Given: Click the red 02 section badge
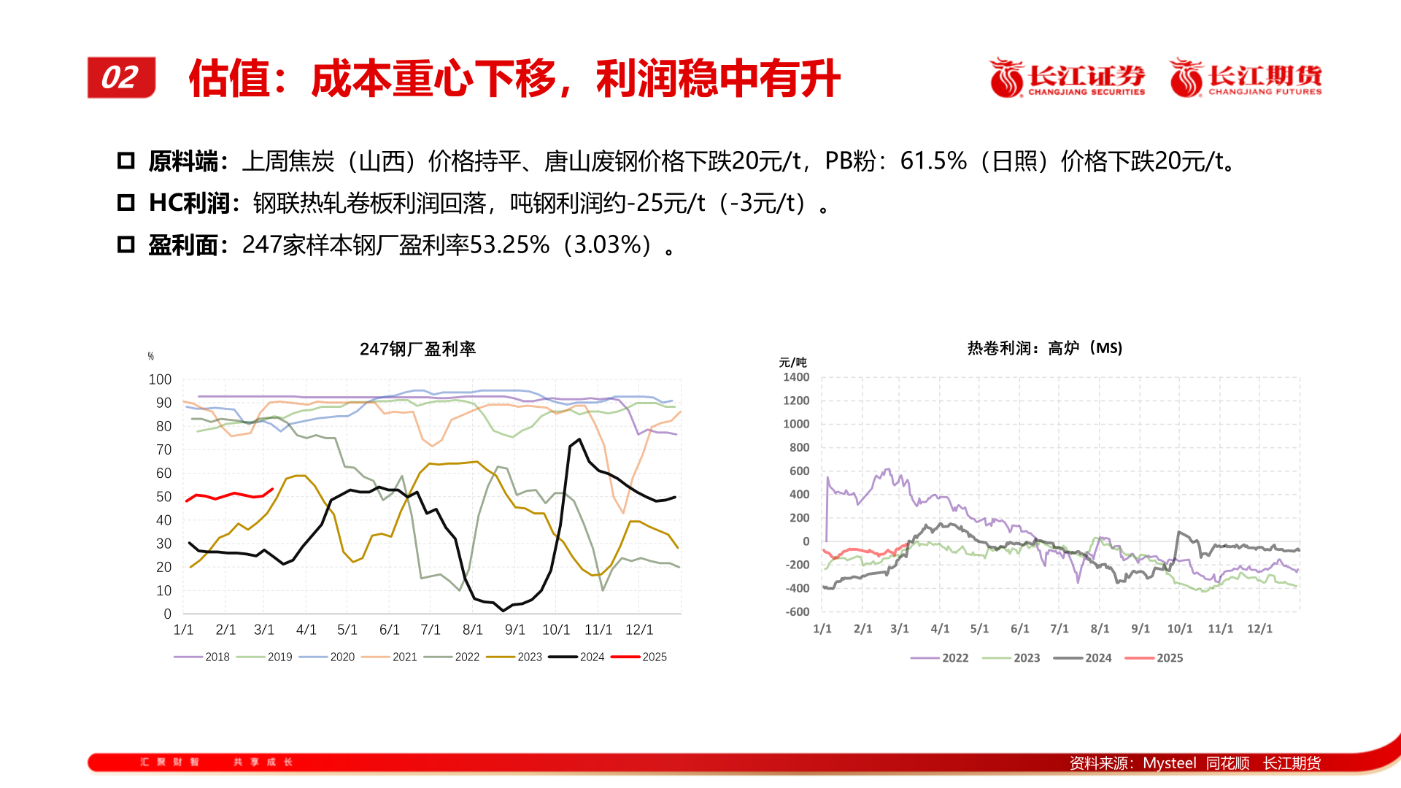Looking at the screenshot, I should point(121,77).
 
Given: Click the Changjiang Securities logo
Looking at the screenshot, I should point(1067,78).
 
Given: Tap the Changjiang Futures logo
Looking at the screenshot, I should point(1246,78).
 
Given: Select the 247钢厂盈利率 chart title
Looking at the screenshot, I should point(417,349).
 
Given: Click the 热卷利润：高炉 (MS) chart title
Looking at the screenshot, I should point(1044,348).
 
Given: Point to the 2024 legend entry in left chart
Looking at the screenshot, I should point(577,657).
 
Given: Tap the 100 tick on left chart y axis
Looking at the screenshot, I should point(160,379).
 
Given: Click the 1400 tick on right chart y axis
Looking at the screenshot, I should point(796,377).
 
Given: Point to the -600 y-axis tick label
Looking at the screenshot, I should point(797,611).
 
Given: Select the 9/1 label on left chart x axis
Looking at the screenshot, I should point(514,629).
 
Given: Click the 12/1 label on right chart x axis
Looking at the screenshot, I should point(1259,628).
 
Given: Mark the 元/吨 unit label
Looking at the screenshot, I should point(792,363).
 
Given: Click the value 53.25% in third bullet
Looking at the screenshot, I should point(509,245).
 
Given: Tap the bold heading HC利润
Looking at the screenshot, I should point(189,203).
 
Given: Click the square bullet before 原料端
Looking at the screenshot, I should point(126,161).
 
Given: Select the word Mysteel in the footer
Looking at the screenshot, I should point(1169,762).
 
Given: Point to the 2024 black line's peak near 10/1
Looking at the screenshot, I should point(579,439).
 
